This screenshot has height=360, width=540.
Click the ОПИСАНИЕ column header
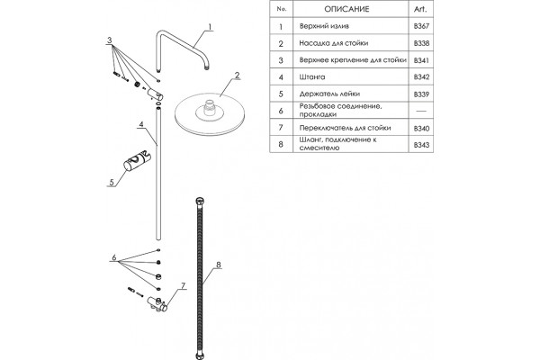coord(346,9)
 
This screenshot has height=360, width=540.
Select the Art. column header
coord(420,9)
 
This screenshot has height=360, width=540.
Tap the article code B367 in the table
coord(421,26)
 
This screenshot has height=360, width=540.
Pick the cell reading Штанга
coord(312,76)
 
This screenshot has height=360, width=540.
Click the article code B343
coord(421,145)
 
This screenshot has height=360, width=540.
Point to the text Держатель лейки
coord(329,94)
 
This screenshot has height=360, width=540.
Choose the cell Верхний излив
coord(324,26)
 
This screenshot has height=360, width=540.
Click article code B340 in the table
coord(421,128)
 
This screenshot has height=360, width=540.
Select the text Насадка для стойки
coord(333,43)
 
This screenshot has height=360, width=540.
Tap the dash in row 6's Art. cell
coord(421,111)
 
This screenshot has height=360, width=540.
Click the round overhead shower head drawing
coord(210,112)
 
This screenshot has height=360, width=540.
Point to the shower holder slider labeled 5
coord(137,160)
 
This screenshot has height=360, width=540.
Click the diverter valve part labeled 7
coord(158,304)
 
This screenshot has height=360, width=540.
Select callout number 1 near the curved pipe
coord(210,27)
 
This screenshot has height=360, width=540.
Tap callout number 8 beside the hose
coord(218,265)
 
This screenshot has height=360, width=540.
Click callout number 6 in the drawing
coord(114,257)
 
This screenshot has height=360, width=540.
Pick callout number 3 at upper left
coord(109,40)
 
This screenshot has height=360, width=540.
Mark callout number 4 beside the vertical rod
coord(141,124)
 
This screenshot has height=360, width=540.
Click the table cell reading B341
coord(421,60)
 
